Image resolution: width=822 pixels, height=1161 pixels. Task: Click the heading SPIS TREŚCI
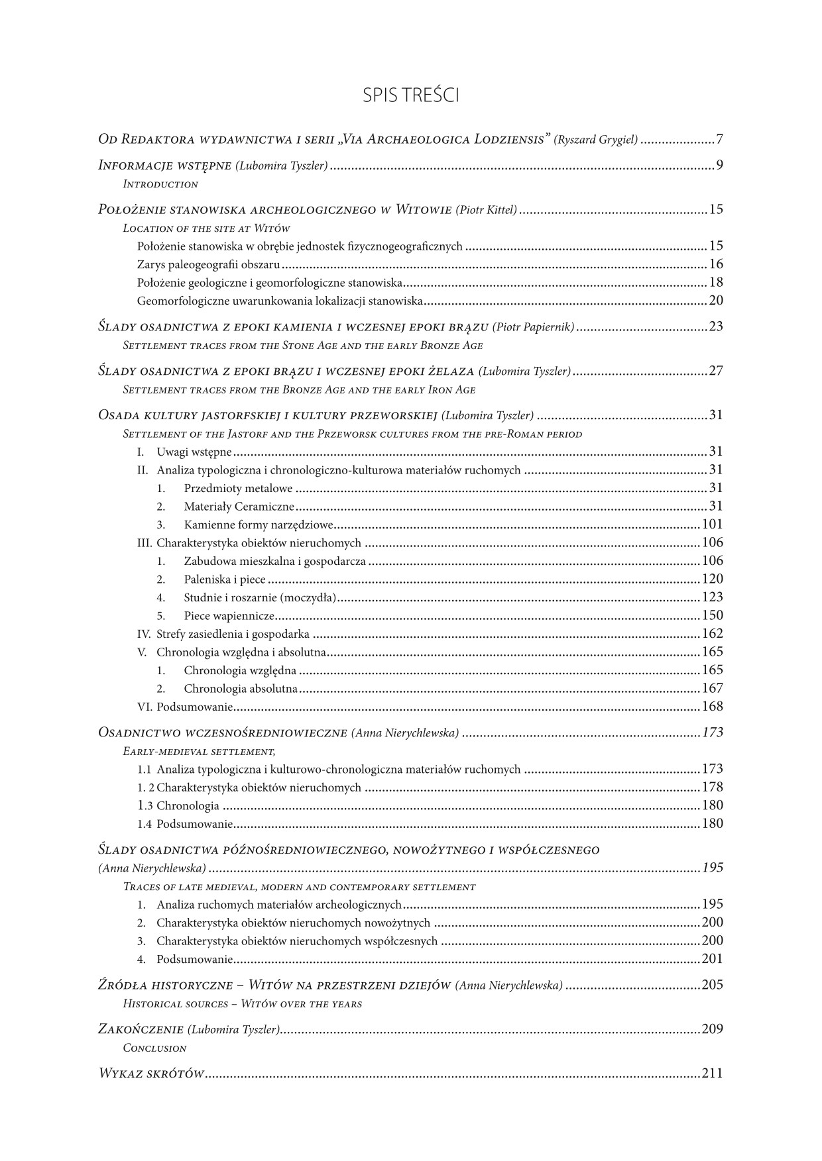[x=411, y=95]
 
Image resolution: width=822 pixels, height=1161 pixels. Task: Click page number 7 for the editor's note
[x=719, y=140]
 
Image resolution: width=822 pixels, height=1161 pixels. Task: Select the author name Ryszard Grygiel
[x=596, y=140]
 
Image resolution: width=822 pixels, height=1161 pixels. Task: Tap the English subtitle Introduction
[x=160, y=184]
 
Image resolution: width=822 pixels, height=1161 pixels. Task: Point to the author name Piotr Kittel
[x=486, y=210]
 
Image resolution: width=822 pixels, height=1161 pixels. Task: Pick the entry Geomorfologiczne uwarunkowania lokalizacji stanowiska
[x=280, y=301]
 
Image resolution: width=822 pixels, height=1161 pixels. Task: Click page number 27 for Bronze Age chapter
[x=715, y=371]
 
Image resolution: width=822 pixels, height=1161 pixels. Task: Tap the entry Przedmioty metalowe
[x=238, y=489]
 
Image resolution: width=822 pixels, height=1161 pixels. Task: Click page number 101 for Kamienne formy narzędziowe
[x=712, y=525]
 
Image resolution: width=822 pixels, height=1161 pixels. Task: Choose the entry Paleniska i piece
[x=225, y=580]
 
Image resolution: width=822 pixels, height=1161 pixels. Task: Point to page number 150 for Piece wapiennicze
[x=712, y=616]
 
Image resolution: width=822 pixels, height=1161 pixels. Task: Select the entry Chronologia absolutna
[x=241, y=689]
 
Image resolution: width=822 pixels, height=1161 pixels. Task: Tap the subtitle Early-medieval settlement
[x=199, y=752]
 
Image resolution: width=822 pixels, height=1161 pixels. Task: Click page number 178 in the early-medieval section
[x=712, y=787]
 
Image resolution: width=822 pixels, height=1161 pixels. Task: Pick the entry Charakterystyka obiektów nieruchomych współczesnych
[x=297, y=941]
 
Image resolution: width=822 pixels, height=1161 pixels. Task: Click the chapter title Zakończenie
[x=140, y=1029]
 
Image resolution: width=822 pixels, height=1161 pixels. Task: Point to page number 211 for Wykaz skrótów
[x=712, y=1074]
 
